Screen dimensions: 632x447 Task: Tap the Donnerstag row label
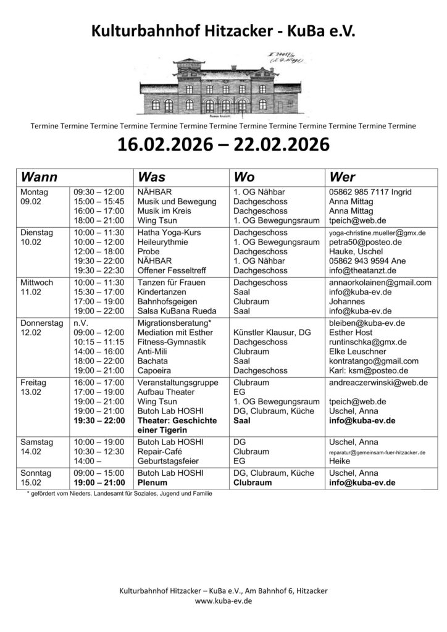(42, 323)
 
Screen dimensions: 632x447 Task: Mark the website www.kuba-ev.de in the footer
(223, 600)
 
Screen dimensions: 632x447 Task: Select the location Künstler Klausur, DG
(272, 332)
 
